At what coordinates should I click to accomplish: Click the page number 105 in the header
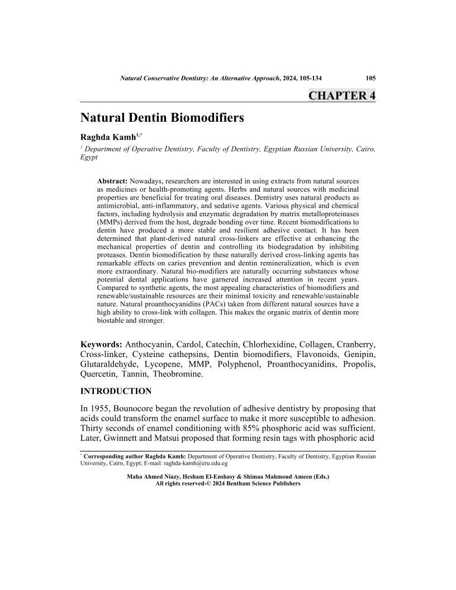[x=370, y=79]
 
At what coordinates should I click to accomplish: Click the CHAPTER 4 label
[x=341, y=96]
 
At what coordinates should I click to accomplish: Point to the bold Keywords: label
[x=102, y=342]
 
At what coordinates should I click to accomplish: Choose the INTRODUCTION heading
[x=116, y=391]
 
